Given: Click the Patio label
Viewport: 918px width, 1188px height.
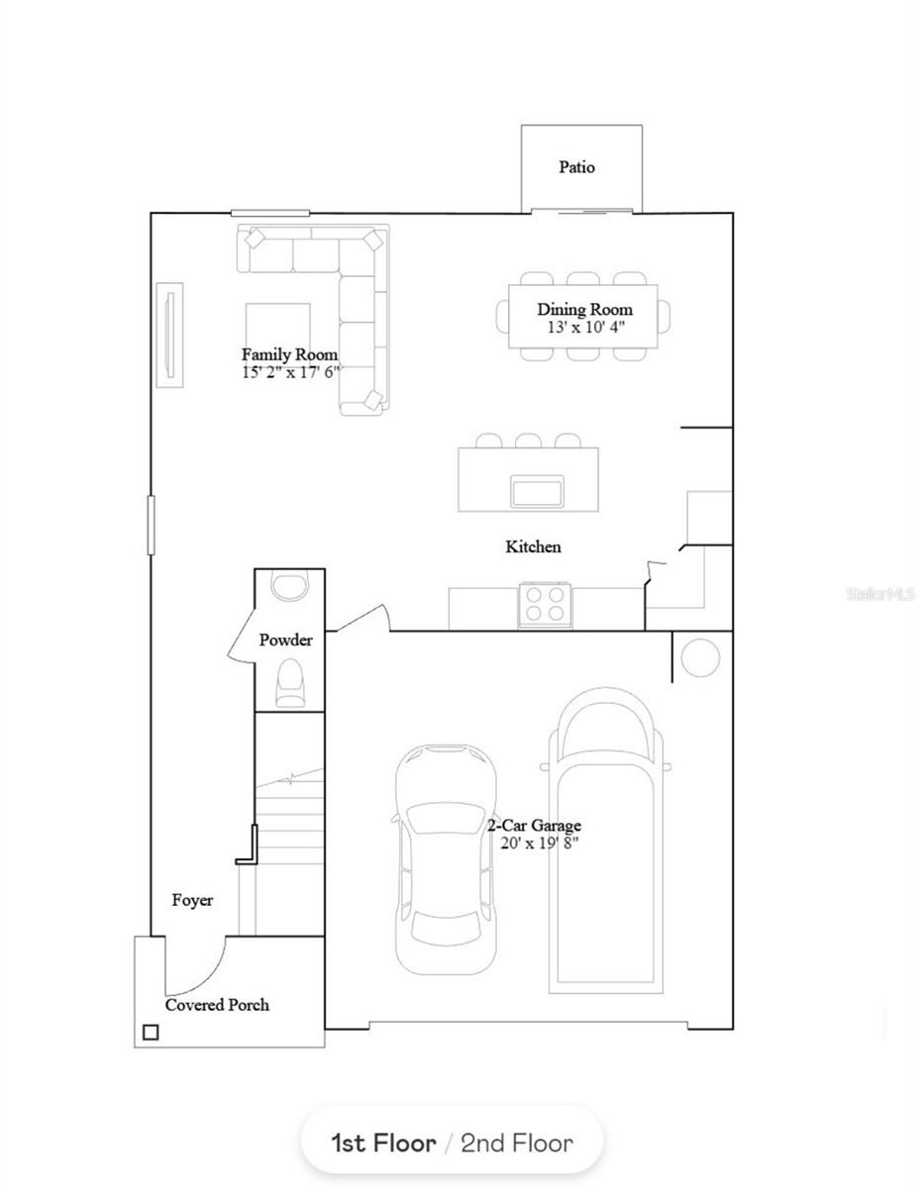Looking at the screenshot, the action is coord(576,166).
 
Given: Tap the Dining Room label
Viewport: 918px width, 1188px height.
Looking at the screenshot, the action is coord(584,310).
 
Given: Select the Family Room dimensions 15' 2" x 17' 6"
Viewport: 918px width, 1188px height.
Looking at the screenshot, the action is coord(291,372).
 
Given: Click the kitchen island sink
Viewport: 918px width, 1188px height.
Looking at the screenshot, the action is coord(537,490).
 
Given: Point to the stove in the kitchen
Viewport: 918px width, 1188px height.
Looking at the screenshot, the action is coord(545,605).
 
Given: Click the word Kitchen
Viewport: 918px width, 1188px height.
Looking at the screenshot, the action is coord(533,546).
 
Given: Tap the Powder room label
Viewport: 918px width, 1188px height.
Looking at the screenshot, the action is coord(285,640).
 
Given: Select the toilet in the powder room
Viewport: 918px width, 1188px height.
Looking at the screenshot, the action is coord(290,683).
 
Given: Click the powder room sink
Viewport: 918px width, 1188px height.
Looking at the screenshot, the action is coord(290,585).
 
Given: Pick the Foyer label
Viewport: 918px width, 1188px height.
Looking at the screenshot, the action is coord(192,900).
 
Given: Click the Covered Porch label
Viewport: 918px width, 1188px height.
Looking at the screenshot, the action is coord(217,1005).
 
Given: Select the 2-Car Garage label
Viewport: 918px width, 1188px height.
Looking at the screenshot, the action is coord(534,825).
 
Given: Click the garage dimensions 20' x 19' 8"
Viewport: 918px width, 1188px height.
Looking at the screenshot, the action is coord(539,842).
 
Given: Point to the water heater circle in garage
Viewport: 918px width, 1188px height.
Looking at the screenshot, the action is coord(700,657).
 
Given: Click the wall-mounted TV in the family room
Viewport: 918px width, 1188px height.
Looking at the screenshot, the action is coord(169,336).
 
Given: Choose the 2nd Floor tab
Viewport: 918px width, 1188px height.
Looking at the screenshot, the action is coord(517,1143).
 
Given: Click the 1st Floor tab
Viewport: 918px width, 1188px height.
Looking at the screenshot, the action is coord(383,1143).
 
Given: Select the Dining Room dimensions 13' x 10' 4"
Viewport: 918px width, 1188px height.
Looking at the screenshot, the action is coord(585,327).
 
